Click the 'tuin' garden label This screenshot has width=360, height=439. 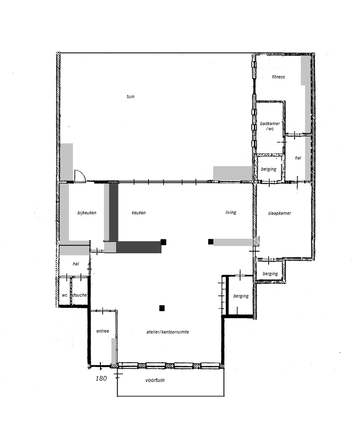[130, 96]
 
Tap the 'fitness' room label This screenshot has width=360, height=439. [278, 77]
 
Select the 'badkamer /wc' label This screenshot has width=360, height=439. [270, 126]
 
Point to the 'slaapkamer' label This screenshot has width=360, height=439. [279, 213]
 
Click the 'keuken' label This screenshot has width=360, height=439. [139, 213]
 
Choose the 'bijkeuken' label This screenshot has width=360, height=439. [87, 213]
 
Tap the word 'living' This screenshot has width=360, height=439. [231, 213]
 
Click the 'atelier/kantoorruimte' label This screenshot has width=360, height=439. [167, 332]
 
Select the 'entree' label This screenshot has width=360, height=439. [103, 331]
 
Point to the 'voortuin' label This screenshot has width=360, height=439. [155, 380]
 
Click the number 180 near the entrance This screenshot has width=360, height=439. [101, 379]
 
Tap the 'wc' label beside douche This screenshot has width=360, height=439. [65, 295]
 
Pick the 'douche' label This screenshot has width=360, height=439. [79, 295]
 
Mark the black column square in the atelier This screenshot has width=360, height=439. [162, 308]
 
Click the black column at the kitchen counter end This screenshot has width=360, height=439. [163, 242]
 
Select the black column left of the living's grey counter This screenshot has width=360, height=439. [211, 241]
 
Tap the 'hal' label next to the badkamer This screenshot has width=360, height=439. [298, 158]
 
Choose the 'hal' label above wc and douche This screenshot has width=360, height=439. [76, 264]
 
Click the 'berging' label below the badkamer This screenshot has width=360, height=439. [269, 169]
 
